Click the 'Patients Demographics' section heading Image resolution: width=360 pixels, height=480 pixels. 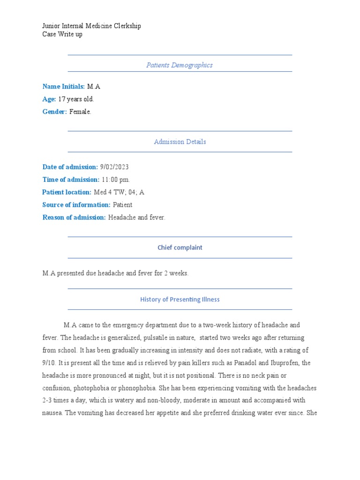point(180,65)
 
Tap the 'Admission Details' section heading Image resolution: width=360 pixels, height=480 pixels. point(180,142)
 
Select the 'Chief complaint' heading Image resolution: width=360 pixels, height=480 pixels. point(180,247)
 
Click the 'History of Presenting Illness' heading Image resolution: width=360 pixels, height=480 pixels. point(180,299)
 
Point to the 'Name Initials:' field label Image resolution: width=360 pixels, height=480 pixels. point(64,86)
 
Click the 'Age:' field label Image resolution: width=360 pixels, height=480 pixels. point(49,99)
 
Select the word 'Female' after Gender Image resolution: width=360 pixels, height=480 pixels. point(80,112)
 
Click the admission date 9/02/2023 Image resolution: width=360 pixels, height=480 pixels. point(114,167)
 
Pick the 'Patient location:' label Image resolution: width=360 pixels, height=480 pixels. point(67,192)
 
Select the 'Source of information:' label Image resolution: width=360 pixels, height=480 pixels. point(76,205)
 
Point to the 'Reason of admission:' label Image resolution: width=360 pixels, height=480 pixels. point(74,217)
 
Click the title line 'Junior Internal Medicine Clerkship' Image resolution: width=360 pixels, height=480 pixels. point(91,26)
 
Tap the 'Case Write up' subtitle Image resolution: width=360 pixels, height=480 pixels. point(62,34)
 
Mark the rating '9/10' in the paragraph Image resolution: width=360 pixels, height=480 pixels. point(49,363)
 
